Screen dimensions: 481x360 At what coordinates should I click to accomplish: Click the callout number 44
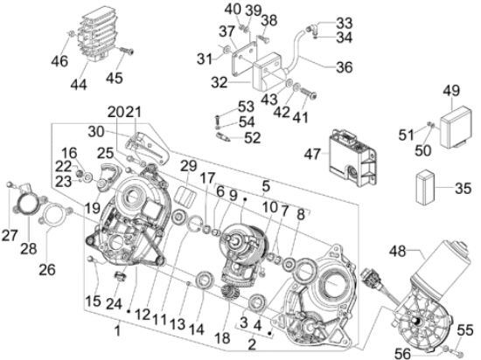click(x=79, y=85)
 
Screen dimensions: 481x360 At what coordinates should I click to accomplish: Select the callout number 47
click(x=312, y=154)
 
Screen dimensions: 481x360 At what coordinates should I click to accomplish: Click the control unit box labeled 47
click(x=352, y=158)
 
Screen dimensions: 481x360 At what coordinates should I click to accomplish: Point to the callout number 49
click(x=451, y=90)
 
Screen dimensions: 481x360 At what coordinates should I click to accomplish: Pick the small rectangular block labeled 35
click(x=426, y=187)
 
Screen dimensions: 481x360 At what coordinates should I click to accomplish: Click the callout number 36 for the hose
click(x=345, y=67)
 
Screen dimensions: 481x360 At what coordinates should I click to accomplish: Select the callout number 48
click(x=398, y=252)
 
